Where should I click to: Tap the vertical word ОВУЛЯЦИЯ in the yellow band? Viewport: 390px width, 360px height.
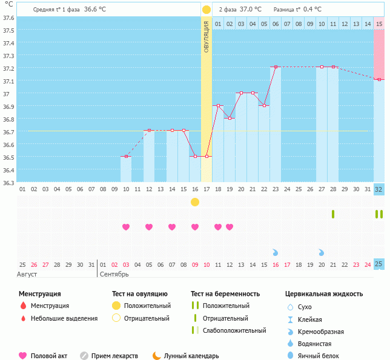[207, 37]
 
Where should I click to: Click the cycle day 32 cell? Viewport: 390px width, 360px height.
[379, 189]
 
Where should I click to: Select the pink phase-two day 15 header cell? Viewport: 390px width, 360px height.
[379, 24]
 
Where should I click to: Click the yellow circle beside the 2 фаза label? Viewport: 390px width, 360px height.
[207, 10]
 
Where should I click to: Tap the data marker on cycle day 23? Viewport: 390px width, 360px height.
[276, 67]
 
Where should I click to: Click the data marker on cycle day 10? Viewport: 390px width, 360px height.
[126, 157]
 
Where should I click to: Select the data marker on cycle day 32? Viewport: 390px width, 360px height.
[379, 79]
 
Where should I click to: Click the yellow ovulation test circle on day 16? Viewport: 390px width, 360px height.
[195, 201]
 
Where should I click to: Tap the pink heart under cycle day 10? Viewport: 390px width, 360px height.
[126, 227]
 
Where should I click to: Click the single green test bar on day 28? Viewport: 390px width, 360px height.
[333, 214]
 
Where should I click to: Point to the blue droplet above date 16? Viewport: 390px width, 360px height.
[276, 252]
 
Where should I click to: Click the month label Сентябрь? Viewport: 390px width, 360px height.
[113, 274]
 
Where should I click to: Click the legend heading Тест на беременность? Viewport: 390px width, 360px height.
[225, 293]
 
